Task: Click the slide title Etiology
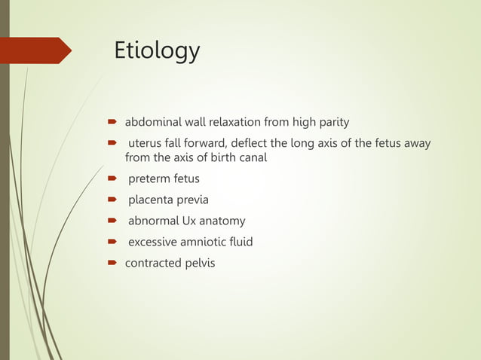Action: pos(157,50)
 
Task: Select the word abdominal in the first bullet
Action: pos(153,121)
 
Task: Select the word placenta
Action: pos(152,200)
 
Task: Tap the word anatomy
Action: pos(223,221)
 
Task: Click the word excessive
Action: pos(154,243)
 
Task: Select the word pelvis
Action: pos(199,264)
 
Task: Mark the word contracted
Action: pos(152,264)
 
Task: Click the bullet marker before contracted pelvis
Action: pos(110,264)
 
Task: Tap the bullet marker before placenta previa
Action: pos(110,200)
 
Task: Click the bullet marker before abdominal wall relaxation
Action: pos(110,121)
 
